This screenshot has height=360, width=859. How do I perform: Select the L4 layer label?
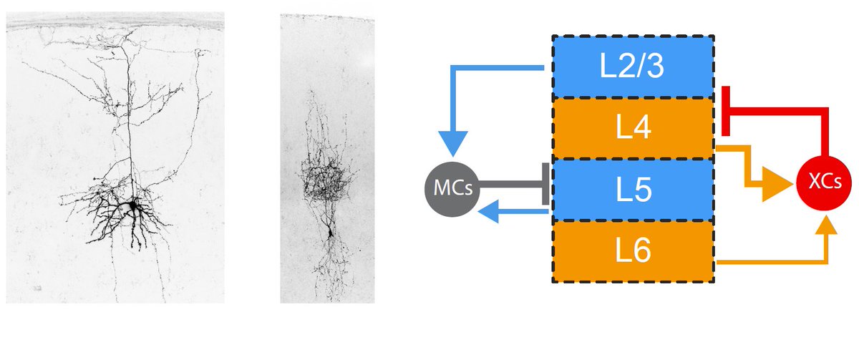click(x=633, y=129)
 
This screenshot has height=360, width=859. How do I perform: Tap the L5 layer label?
click(x=633, y=190)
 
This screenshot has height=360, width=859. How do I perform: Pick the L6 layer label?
click(x=633, y=251)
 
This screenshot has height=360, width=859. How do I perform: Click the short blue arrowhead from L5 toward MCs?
click(x=490, y=210)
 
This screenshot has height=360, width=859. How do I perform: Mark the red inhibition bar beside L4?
click(x=725, y=111)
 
